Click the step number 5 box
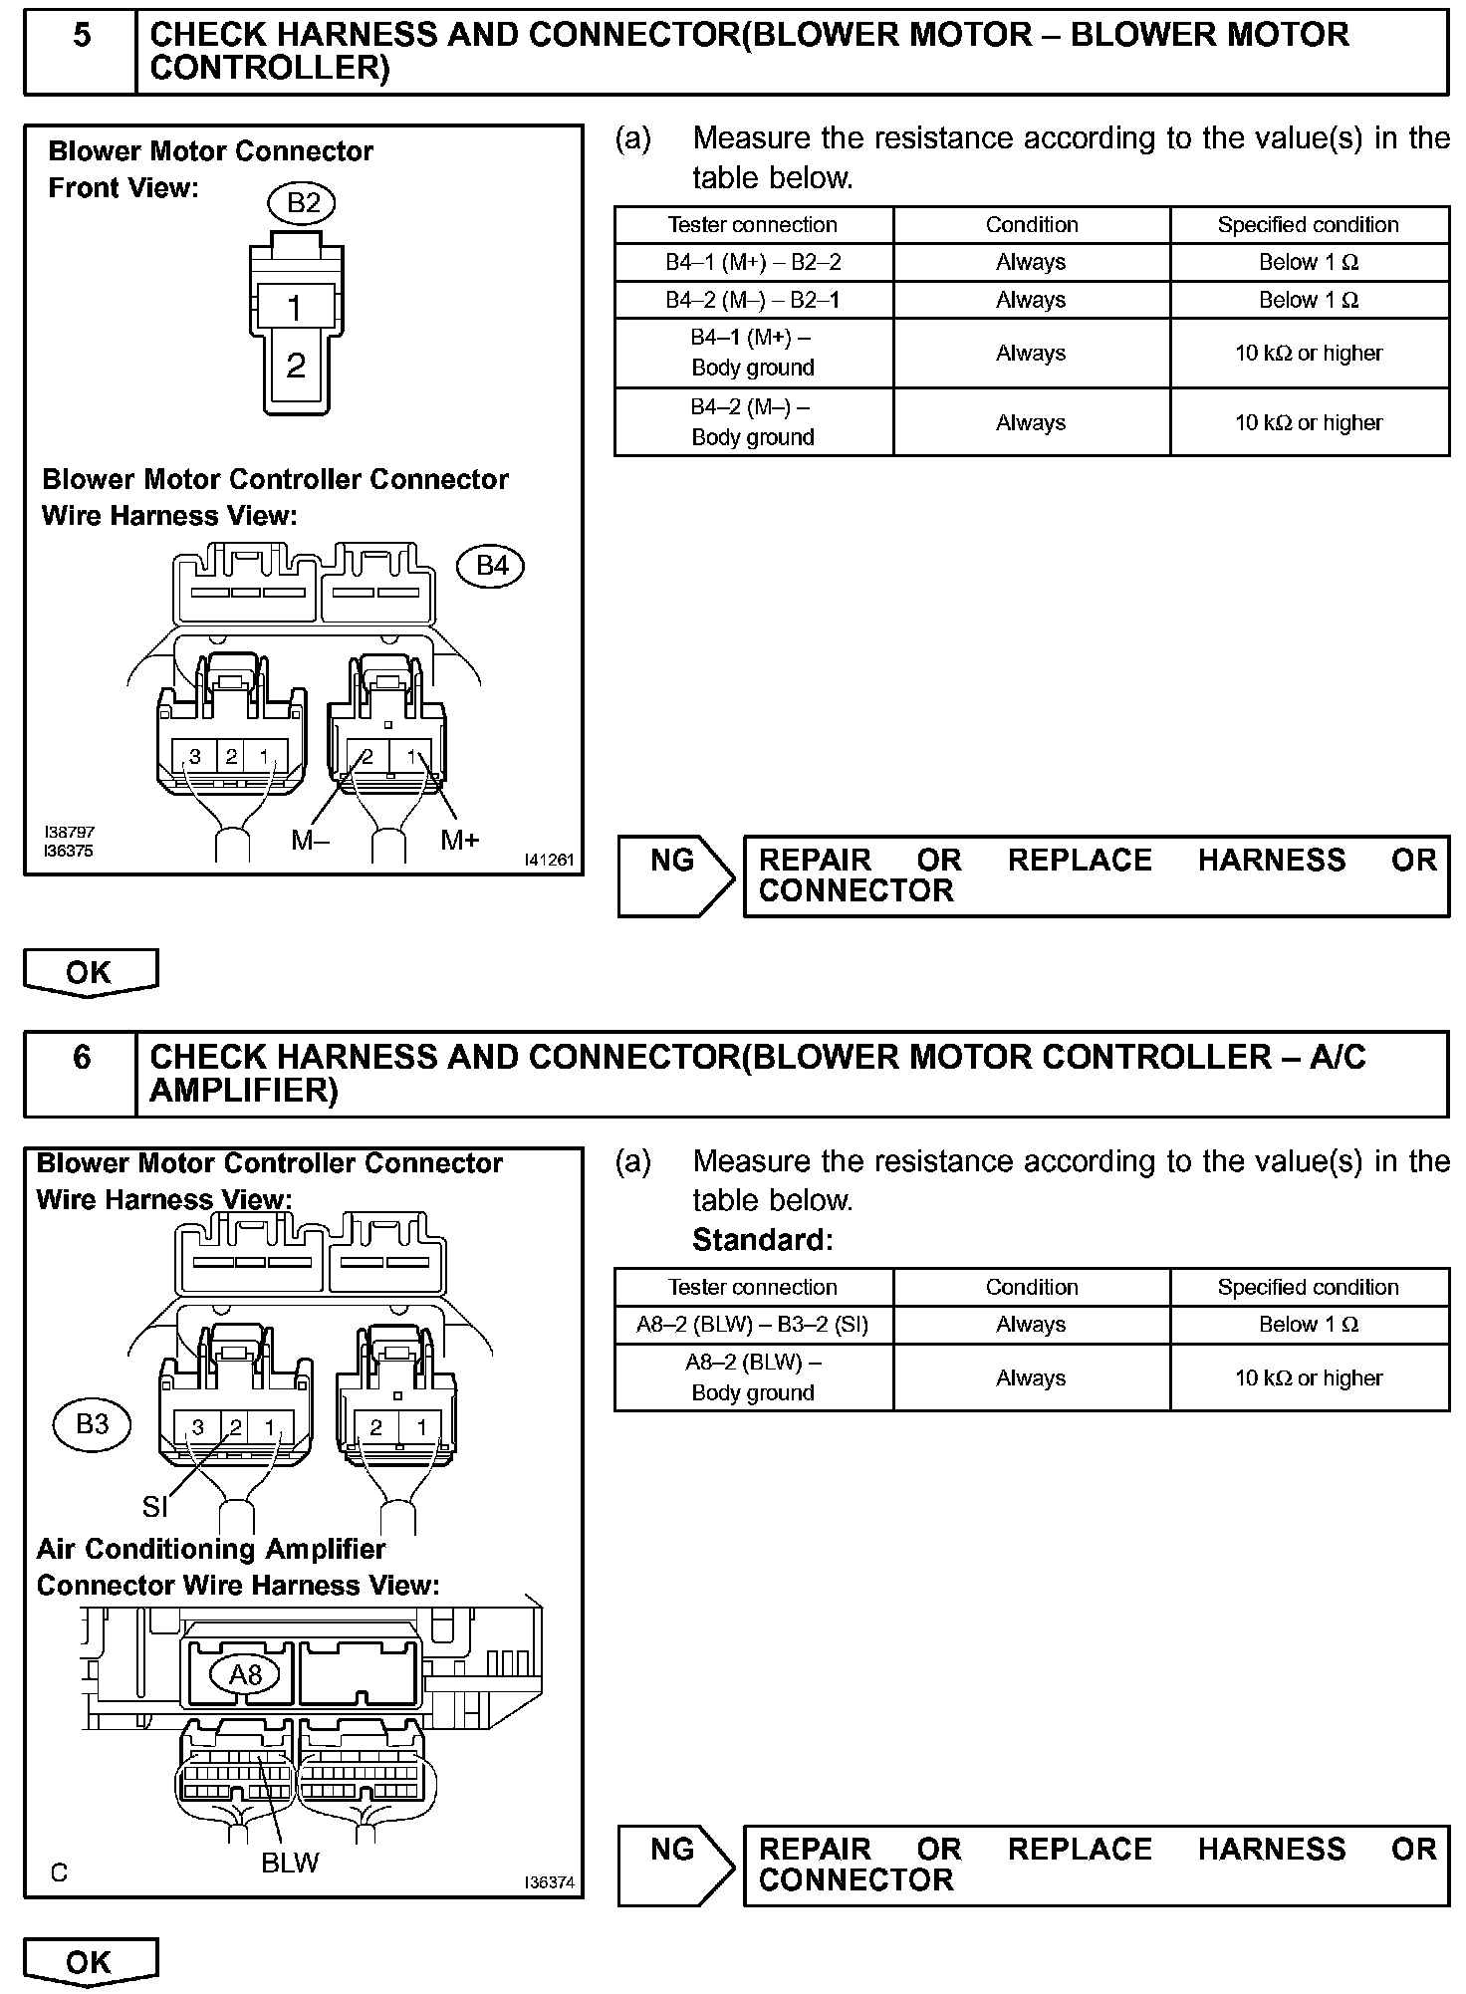point(81,52)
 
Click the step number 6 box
point(81,1073)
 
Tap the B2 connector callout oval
point(303,203)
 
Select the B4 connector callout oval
point(491,566)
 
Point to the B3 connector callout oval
point(92,1423)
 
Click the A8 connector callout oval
point(245,1675)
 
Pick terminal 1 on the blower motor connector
point(295,307)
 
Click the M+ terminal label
point(459,841)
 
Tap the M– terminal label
point(311,841)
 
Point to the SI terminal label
point(154,1507)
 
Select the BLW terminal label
point(290,1863)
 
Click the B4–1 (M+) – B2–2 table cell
point(753,262)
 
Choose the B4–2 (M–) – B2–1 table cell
point(753,300)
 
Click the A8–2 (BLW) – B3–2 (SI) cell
point(753,1325)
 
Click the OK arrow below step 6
point(90,1961)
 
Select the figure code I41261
point(550,860)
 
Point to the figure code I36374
point(550,1881)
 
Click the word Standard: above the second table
point(762,1240)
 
